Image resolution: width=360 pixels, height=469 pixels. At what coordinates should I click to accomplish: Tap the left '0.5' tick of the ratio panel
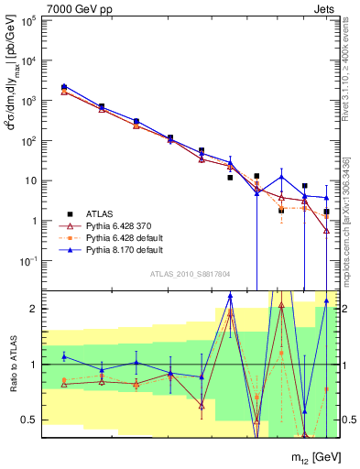27,420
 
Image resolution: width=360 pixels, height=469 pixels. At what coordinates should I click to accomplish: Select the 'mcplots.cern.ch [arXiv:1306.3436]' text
345,220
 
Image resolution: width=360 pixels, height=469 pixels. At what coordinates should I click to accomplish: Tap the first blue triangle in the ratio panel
64,356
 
